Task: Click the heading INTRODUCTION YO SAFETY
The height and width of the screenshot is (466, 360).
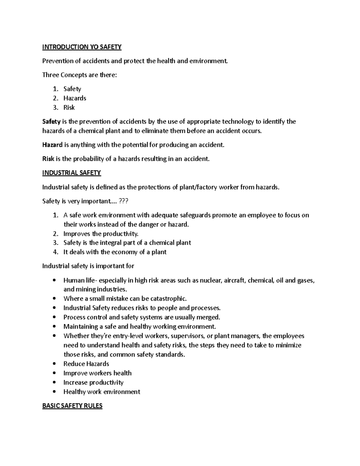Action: [x=82, y=47]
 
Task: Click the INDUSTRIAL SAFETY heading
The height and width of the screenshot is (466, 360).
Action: [x=71, y=173]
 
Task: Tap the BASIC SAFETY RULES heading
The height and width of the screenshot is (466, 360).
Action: [x=72, y=406]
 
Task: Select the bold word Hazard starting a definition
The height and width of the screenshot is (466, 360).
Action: [x=52, y=145]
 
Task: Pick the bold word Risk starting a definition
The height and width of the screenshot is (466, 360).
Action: [x=48, y=159]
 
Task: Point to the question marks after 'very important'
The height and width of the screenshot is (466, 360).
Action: [x=123, y=201]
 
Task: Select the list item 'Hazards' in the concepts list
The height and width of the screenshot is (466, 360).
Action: [x=75, y=98]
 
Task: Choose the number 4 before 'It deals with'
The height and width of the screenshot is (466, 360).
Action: [x=55, y=252]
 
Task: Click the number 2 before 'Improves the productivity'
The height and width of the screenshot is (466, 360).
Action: [x=55, y=234]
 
